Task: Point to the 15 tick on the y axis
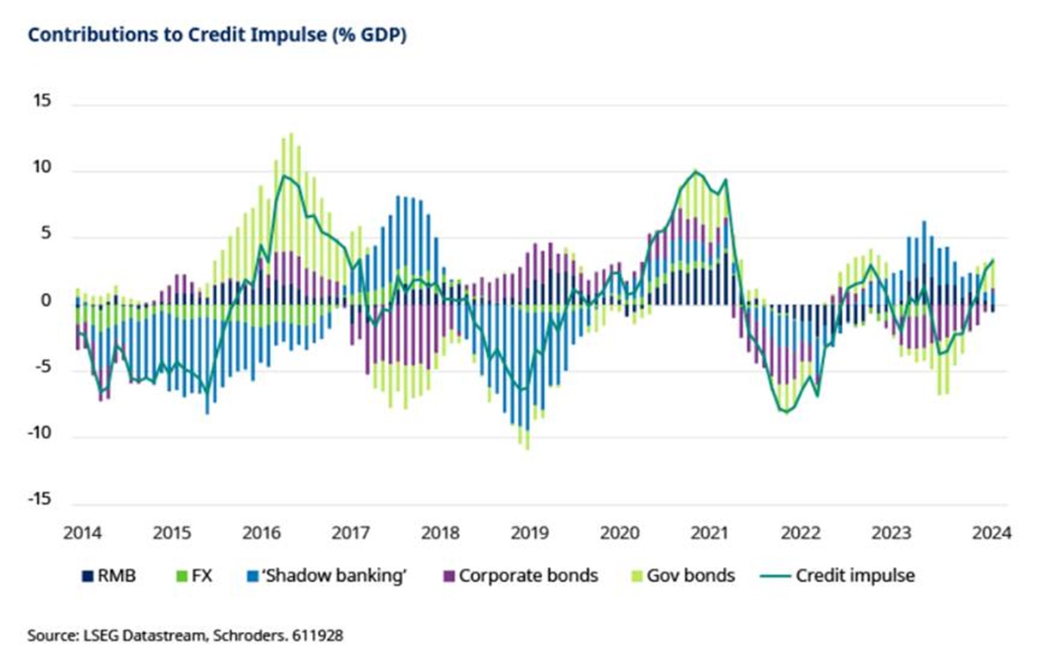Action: point(42,101)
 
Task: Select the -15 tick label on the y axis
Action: point(39,499)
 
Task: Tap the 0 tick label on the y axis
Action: point(46,300)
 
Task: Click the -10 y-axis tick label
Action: point(39,433)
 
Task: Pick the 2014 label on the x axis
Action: point(82,533)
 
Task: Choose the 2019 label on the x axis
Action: point(530,533)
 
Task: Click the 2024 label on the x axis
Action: point(991,533)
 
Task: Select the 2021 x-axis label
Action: point(709,533)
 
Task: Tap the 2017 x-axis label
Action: point(350,533)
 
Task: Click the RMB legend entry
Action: point(109,576)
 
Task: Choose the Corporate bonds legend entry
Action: point(521,576)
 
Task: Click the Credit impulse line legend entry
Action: point(838,576)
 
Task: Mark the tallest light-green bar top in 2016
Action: point(291,133)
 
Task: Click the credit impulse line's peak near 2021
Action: point(694,171)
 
